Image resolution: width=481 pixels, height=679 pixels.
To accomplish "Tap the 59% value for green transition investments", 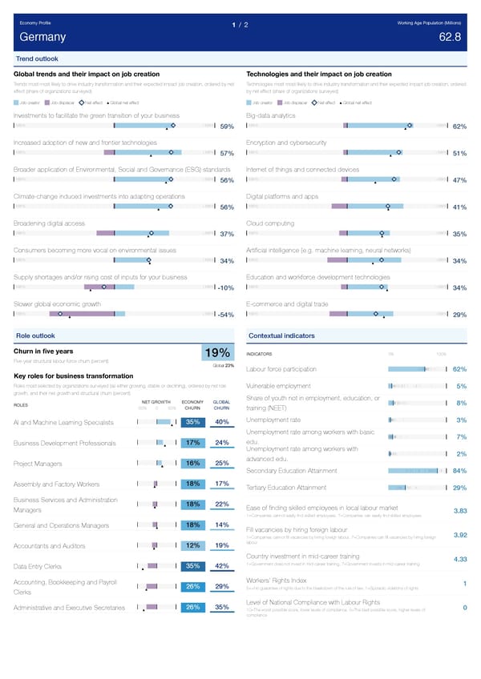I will click(227, 127).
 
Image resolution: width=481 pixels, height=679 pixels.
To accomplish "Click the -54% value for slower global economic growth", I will click(225, 315).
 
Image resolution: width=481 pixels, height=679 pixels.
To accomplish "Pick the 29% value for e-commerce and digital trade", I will click(459, 315).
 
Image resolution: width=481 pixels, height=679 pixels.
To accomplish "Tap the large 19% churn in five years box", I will click(218, 353).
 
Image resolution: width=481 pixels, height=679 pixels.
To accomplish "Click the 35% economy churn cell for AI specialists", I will click(192, 422).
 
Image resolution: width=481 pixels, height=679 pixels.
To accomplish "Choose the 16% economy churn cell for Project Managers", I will click(192, 463).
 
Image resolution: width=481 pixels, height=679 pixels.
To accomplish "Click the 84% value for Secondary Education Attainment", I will click(459, 470).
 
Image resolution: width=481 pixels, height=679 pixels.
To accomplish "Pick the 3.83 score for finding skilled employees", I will click(460, 512).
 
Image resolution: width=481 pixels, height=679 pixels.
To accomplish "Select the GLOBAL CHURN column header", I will click(223, 404).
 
